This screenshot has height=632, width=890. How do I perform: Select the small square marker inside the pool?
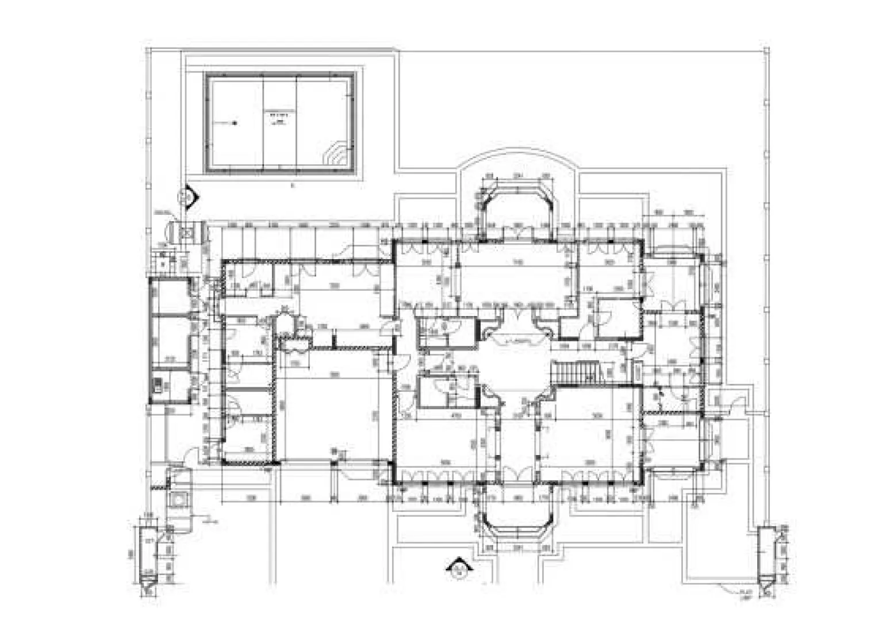click(x=235, y=123)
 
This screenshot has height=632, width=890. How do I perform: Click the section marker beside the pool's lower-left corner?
click(x=186, y=199)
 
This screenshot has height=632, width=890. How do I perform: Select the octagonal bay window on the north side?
click(x=517, y=210)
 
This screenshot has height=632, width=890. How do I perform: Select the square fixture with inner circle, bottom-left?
click(x=180, y=499)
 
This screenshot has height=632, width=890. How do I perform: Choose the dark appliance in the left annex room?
click(x=157, y=384)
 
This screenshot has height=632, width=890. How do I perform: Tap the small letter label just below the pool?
click(x=293, y=186)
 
